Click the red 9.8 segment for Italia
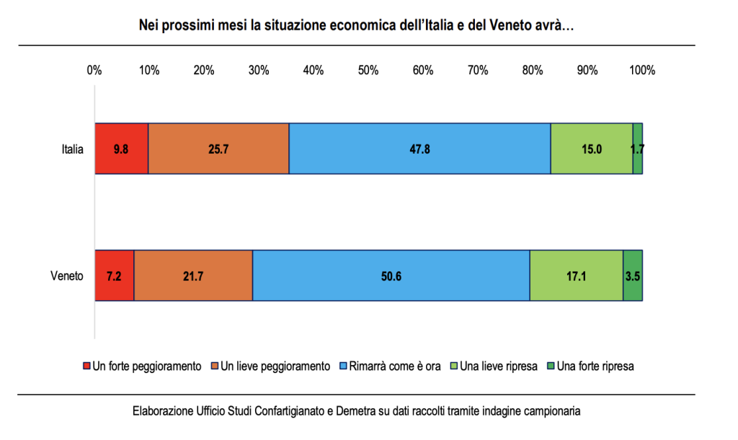(x=121, y=149)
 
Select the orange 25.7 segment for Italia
(x=218, y=149)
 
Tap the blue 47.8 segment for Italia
(x=419, y=149)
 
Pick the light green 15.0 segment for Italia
(x=592, y=149)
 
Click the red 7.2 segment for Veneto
(x=115, y=276)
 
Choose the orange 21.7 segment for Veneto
(x=193, y=276)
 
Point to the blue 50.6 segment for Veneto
(x=391, y=276)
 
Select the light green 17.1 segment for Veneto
(x=576, y=276)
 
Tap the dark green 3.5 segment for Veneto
(x=633, y=276)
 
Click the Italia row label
(x=72, y=149)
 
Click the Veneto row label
(x=67, y=276)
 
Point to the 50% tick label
(x=368, y=71)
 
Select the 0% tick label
(x=94, y=71)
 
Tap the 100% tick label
(x=642, y=71)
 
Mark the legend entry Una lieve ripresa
(x=498, y=366)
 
